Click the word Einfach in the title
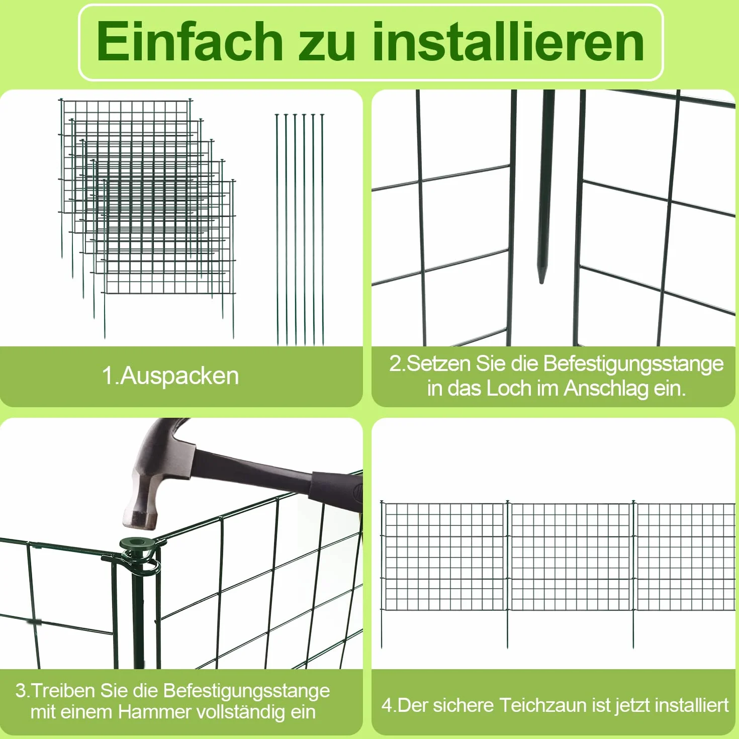190,41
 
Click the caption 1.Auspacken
170,376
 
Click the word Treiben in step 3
63,691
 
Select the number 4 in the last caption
387,705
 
